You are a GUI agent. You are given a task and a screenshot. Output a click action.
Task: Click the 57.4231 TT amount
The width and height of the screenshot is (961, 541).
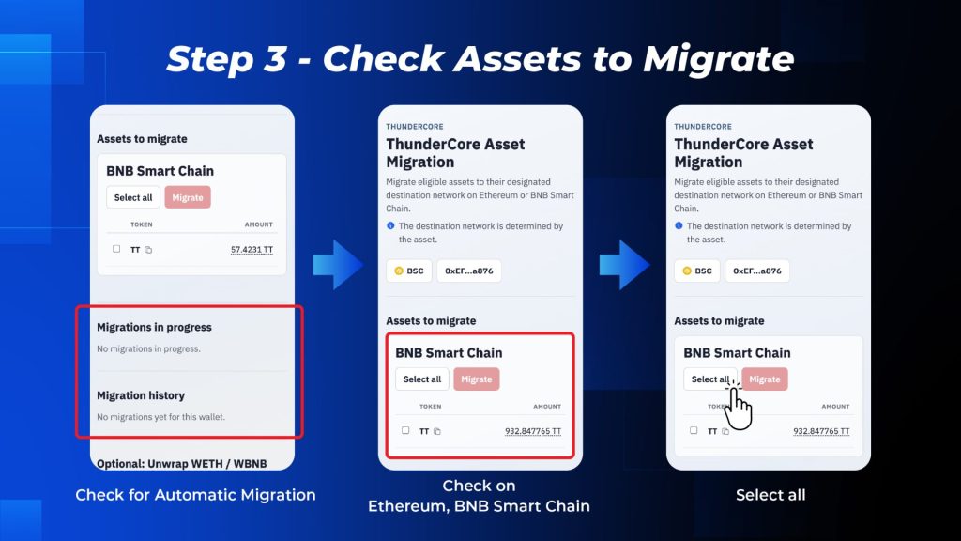(252, 250)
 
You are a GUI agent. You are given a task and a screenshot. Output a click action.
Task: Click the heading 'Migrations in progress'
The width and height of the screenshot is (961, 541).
(155, 327)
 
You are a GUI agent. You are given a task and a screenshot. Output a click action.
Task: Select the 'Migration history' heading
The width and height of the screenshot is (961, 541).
(141, 395)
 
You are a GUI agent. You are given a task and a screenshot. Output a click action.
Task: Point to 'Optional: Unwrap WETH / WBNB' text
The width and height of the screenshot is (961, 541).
(182, 464)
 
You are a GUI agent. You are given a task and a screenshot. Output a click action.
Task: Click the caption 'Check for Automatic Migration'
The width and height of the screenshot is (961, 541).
(195, 495)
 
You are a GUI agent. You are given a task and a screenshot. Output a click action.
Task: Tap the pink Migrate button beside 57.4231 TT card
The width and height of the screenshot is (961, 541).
(188, 197)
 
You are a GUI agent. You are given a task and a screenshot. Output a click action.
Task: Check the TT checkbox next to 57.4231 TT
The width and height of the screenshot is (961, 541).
(116, 249)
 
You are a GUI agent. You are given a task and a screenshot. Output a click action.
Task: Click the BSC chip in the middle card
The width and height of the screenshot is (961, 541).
(409, 270)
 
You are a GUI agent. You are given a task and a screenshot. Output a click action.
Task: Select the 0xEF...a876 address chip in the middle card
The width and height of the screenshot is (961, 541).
(469, 270)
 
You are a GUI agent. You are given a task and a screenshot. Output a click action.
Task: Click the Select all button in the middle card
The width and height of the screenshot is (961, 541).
(422, 379)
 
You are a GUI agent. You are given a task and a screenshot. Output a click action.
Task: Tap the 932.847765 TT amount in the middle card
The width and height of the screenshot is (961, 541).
(533, 431)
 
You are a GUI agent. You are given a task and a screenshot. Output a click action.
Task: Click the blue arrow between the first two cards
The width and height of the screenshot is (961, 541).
(338, 265)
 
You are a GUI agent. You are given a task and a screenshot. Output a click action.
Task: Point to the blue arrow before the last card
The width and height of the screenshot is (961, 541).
(624, 265)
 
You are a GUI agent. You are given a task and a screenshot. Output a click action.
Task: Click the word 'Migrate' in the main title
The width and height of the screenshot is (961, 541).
(718, 59)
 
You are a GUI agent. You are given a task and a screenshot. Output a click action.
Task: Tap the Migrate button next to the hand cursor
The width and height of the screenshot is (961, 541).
(765, 379)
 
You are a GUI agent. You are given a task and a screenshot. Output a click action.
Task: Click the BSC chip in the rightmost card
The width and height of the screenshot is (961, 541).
(697, 270)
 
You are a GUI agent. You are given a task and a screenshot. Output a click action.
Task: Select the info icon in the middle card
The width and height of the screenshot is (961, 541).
(390, 225)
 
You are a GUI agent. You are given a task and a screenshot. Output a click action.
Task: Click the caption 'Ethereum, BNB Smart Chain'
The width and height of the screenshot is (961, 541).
(479, 506)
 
